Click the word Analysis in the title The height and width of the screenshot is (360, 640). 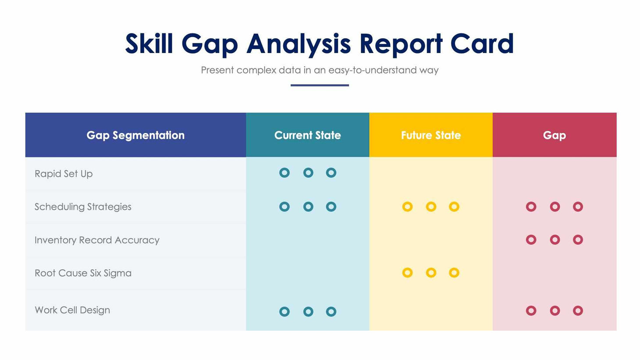(x=299, y=44)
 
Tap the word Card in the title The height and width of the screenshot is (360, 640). (x=482, y=44)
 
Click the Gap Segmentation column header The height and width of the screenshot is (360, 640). (x=135, y=135)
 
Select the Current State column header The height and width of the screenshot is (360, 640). (x=307, y=135)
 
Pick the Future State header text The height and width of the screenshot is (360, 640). (x=430, y=135)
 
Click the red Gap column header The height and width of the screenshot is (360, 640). (x=554, y=135)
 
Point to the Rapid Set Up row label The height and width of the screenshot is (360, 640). (x=64, y=174)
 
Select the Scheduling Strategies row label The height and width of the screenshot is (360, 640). (x=83, y=207)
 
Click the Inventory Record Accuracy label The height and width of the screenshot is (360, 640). (x=97, y=240)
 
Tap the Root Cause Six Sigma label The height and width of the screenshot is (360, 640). (x=83, y=273)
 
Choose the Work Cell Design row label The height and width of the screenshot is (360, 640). (x=72, y=310)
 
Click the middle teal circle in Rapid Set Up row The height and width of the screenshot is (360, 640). (x=308, y=173)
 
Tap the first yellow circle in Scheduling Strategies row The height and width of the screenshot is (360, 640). (x=407, y=207)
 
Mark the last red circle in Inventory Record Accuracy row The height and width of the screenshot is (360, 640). (x=578, y=239)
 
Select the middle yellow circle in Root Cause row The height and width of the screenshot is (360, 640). (x=431, y=273)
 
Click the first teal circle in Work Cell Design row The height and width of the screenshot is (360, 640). (x=284, y=312)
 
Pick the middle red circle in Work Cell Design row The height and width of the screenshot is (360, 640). (x=555, y=310)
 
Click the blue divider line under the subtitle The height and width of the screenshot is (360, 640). (x=320, y=85)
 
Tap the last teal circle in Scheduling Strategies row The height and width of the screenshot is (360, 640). (x=331, y=207)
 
